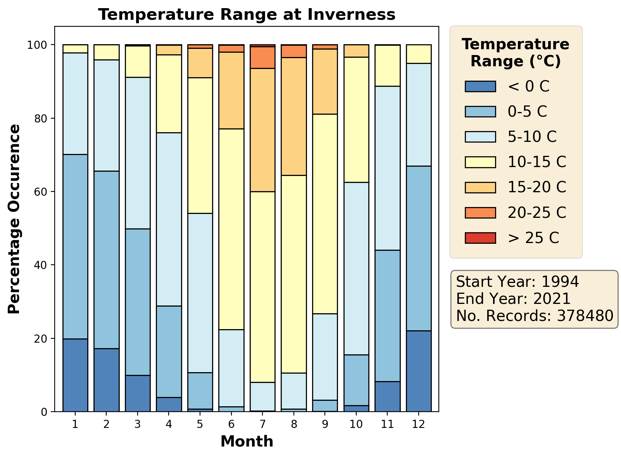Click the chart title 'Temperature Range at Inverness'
247,15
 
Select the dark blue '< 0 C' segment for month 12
419,371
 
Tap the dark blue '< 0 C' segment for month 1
75,375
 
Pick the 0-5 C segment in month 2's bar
107,260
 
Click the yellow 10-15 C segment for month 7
262,287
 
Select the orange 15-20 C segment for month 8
294,116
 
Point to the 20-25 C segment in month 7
262,57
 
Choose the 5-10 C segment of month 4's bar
169,219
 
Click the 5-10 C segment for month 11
387,168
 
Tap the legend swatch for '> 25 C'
480,238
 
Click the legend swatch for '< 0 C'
480,86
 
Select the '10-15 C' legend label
537,162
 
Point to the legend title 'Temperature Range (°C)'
516,53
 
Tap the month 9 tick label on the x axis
325,424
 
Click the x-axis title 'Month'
247,441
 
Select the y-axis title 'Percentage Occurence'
14,219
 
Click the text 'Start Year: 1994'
517,282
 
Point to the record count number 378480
585,316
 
